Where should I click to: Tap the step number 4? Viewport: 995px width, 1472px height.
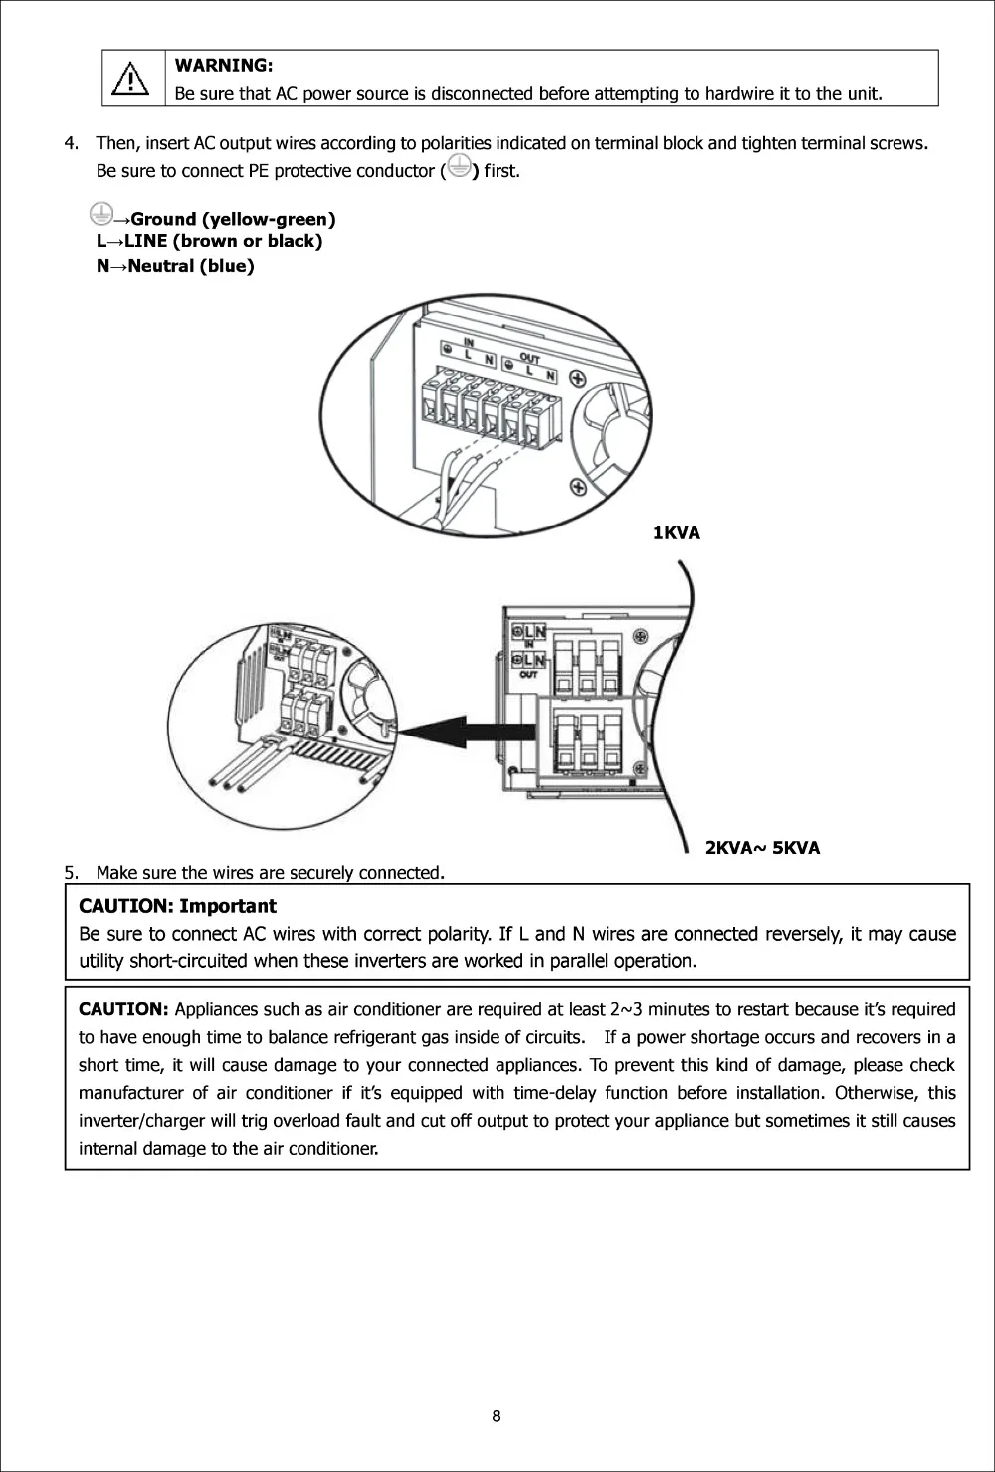tap(71, 143)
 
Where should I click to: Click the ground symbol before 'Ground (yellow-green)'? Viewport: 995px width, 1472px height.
tap(99, 212)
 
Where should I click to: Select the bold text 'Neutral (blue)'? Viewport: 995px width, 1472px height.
tap(191, 266)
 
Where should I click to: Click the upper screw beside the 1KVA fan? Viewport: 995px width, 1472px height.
tap(577, 378)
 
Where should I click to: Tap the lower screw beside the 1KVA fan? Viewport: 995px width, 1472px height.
tap(577, 486)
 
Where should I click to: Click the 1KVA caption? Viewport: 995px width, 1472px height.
tap(677, 533)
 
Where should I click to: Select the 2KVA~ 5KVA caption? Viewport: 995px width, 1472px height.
tap(762, 848)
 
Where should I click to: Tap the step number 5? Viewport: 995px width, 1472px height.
tap(71, 873)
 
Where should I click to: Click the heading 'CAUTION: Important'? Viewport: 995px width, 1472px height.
tap(177, 906)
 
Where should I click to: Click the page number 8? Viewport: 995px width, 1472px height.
tap(497, 1417)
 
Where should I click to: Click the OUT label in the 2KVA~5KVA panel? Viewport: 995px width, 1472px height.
tap(528, 675)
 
